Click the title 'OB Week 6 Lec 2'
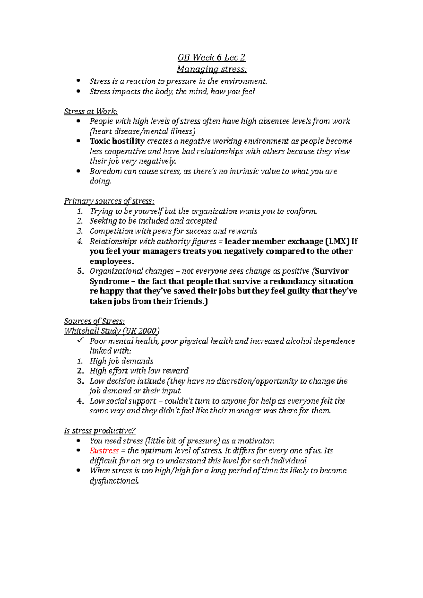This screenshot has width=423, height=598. [x=211, y=57]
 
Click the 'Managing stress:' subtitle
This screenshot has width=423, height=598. [x=211, y=69]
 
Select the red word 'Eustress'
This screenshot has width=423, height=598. [x=104, y=451]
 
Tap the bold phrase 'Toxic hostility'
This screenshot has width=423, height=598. [x=117, y=141]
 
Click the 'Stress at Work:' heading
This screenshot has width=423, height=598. [x=91, y=112]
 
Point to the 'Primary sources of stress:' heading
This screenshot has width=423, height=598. [x=109, y=201]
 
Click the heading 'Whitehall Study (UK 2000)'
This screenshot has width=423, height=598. [x=112, y=331]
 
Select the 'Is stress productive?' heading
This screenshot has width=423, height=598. [x=100, y=431]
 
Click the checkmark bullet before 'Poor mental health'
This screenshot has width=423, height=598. [x=80, y=340]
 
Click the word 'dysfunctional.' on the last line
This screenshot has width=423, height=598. [x=114, y=481]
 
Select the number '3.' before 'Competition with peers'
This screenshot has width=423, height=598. [x=80, y=231]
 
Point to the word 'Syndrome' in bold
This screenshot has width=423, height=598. [x=109, y=281]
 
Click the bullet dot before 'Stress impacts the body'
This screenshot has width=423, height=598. [x=78, y=92]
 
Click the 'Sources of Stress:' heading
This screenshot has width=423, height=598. [x=94, y=321]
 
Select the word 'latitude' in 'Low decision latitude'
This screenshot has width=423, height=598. [x=151, y=381]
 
